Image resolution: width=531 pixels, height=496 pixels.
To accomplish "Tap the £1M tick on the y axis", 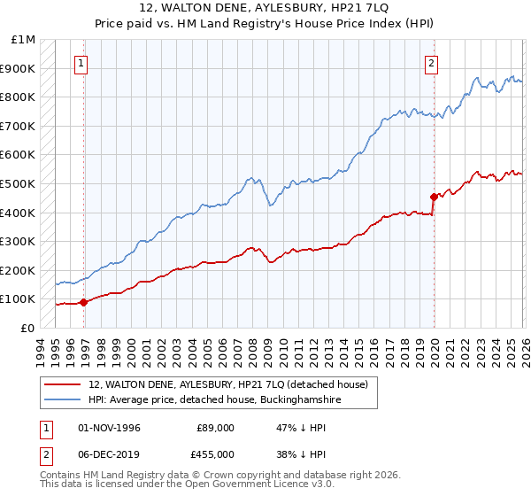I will (24, 40).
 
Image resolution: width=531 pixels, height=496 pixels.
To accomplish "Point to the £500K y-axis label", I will (19, 183).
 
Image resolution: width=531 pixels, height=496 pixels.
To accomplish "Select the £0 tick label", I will (27, 328).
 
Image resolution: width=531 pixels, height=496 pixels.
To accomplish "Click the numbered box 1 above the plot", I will (81, 63).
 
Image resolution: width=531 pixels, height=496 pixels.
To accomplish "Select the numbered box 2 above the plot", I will (431, 63).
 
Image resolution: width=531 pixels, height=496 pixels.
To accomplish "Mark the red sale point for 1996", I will (84, 302).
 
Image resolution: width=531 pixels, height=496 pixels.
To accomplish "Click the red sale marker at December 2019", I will (434, 197).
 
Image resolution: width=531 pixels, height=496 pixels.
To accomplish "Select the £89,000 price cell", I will (215, 428).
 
